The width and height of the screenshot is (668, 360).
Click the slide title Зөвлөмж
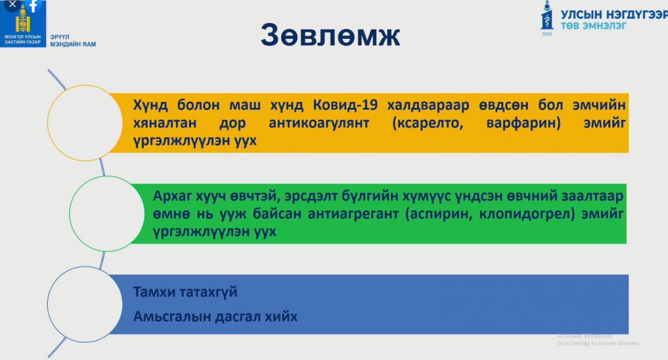coord(331,35)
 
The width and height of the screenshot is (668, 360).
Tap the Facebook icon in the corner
coord(33,6)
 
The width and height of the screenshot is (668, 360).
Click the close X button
coord(12,4)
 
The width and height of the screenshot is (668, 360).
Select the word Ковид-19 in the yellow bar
coord(345,105)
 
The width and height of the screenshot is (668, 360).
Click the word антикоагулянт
coord(319,123)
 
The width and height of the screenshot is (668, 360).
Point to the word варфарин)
coord(523,123)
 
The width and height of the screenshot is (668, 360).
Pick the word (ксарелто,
coord(428,123)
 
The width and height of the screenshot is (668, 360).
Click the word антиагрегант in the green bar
coord(353,214)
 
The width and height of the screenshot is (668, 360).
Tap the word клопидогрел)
coord(527,214)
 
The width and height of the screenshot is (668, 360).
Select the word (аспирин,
coord(439,214)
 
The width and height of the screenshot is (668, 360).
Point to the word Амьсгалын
coord(171,317)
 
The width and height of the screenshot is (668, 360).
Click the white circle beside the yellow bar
coord(85,123)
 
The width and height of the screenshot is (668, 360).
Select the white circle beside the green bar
coord(107,214)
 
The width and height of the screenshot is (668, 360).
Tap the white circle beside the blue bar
coord(85,304)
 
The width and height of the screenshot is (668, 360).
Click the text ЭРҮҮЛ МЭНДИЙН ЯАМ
coord(73,41)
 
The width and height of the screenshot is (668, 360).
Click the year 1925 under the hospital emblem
coord(547,34)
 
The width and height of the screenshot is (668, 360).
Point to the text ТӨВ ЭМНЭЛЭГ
coord(593,26)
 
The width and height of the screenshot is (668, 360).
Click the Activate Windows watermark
coord(598,339)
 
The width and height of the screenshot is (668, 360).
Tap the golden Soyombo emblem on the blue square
coord(23,18)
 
